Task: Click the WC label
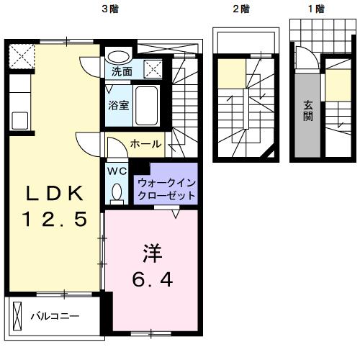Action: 117,171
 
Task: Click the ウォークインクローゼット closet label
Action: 166,189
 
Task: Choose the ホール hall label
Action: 145,144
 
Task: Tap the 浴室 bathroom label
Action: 119,105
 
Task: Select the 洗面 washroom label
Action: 121,72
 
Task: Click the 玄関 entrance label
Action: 307,109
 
